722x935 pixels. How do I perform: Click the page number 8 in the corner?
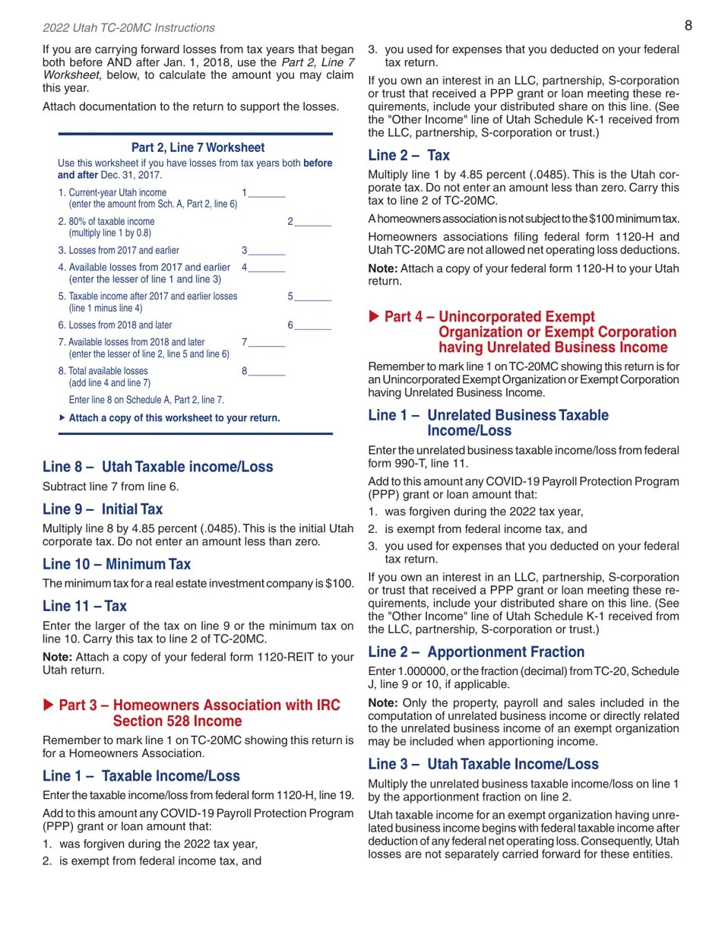[x=688, y=26]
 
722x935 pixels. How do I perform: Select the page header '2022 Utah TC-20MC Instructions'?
[x=128, y=28]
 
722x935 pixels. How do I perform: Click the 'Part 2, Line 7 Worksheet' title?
[x=198, y=147]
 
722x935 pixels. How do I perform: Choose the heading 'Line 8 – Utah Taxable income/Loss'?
[x=157, y=467]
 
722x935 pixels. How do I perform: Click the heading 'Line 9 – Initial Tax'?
[x=103, y=509]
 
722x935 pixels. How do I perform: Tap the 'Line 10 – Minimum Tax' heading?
[x=116, y=564]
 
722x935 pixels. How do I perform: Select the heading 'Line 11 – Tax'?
[x=84, y=606]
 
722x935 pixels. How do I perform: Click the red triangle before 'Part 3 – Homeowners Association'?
[x=49, y=705]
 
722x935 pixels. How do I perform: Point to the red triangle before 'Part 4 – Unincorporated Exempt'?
[x=374, y=316]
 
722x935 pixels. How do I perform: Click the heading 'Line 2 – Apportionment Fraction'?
[x=476, y=651]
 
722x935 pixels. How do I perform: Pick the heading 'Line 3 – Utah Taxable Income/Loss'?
[x=483, y=764]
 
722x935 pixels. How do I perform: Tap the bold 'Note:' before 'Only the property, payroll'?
[x=382, y=703]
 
